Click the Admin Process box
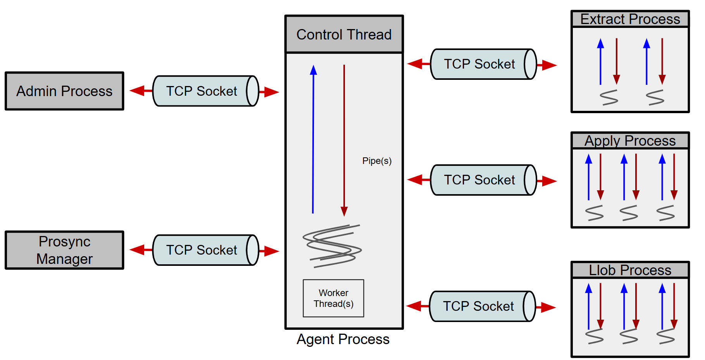(64, 91)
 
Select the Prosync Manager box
(64, 250)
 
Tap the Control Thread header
(344, 34)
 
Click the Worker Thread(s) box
(333, 298)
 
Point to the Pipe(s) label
(377, 161)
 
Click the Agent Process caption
(343, 339)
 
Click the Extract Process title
(630, 19)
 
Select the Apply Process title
(630, 141)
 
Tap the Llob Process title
(630, 270)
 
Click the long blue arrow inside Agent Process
(313, 140)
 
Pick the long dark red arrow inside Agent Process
(344, 140)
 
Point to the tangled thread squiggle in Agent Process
(332, 246)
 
